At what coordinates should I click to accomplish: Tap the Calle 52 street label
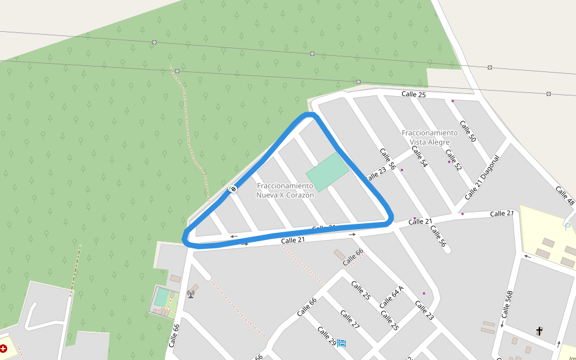(x=454, y=159)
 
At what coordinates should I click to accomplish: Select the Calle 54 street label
(x=420, y=155)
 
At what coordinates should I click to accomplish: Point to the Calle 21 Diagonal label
(x=482, y=178)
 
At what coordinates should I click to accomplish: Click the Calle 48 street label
(x=565, y=196)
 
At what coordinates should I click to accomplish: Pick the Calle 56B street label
(x=508, y=304)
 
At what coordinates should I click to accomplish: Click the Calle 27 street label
(x=350, y=320)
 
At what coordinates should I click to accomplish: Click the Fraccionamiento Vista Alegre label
(x=430, y=137)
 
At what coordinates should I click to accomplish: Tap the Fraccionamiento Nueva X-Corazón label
(x=285, y=191)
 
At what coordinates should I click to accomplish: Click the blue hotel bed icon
(x=341, y=343)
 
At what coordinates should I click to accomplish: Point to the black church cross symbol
(x=539, y=331)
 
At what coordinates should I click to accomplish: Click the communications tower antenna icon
(x=191, y=293)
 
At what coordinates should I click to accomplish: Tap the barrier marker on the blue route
(x=233, y=190)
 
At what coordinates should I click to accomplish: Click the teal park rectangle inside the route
(x=328, y=172)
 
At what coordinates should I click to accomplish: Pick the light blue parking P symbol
(x=567, y=226)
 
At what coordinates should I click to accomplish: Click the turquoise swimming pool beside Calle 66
(x=162, y=297)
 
